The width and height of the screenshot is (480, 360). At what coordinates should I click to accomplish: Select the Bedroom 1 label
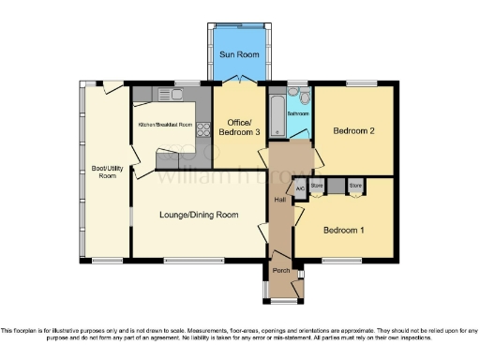click(343, 230)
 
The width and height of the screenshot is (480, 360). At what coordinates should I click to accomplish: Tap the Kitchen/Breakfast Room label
click(165, 125)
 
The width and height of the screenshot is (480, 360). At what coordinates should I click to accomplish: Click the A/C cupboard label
click(300, 188)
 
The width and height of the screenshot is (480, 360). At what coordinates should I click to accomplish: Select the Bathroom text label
click(298, 114)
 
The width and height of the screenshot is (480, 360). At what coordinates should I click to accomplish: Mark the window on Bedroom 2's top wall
click(360, 84)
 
